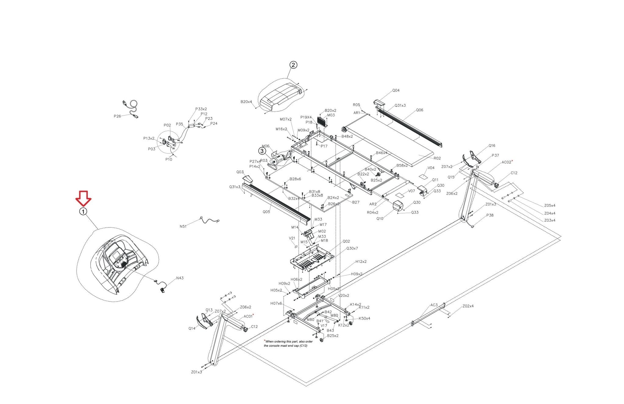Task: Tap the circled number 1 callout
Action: (83, 212)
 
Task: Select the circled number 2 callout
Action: (293, 65)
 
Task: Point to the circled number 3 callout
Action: (262, 151)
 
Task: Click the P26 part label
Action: (117, 116)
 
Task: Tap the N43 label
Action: (180, 278)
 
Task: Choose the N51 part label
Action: (183, 227)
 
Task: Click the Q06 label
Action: (420, 110)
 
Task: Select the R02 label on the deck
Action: (437, 158)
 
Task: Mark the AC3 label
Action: (434, 305)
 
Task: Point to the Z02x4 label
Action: (468, 306)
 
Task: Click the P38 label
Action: (490, 215)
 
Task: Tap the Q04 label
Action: (396, 91)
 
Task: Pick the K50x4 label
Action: (364, 318)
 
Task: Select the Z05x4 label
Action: (550, 206)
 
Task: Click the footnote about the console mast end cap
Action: (288, 344)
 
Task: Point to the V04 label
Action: (431, 168)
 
